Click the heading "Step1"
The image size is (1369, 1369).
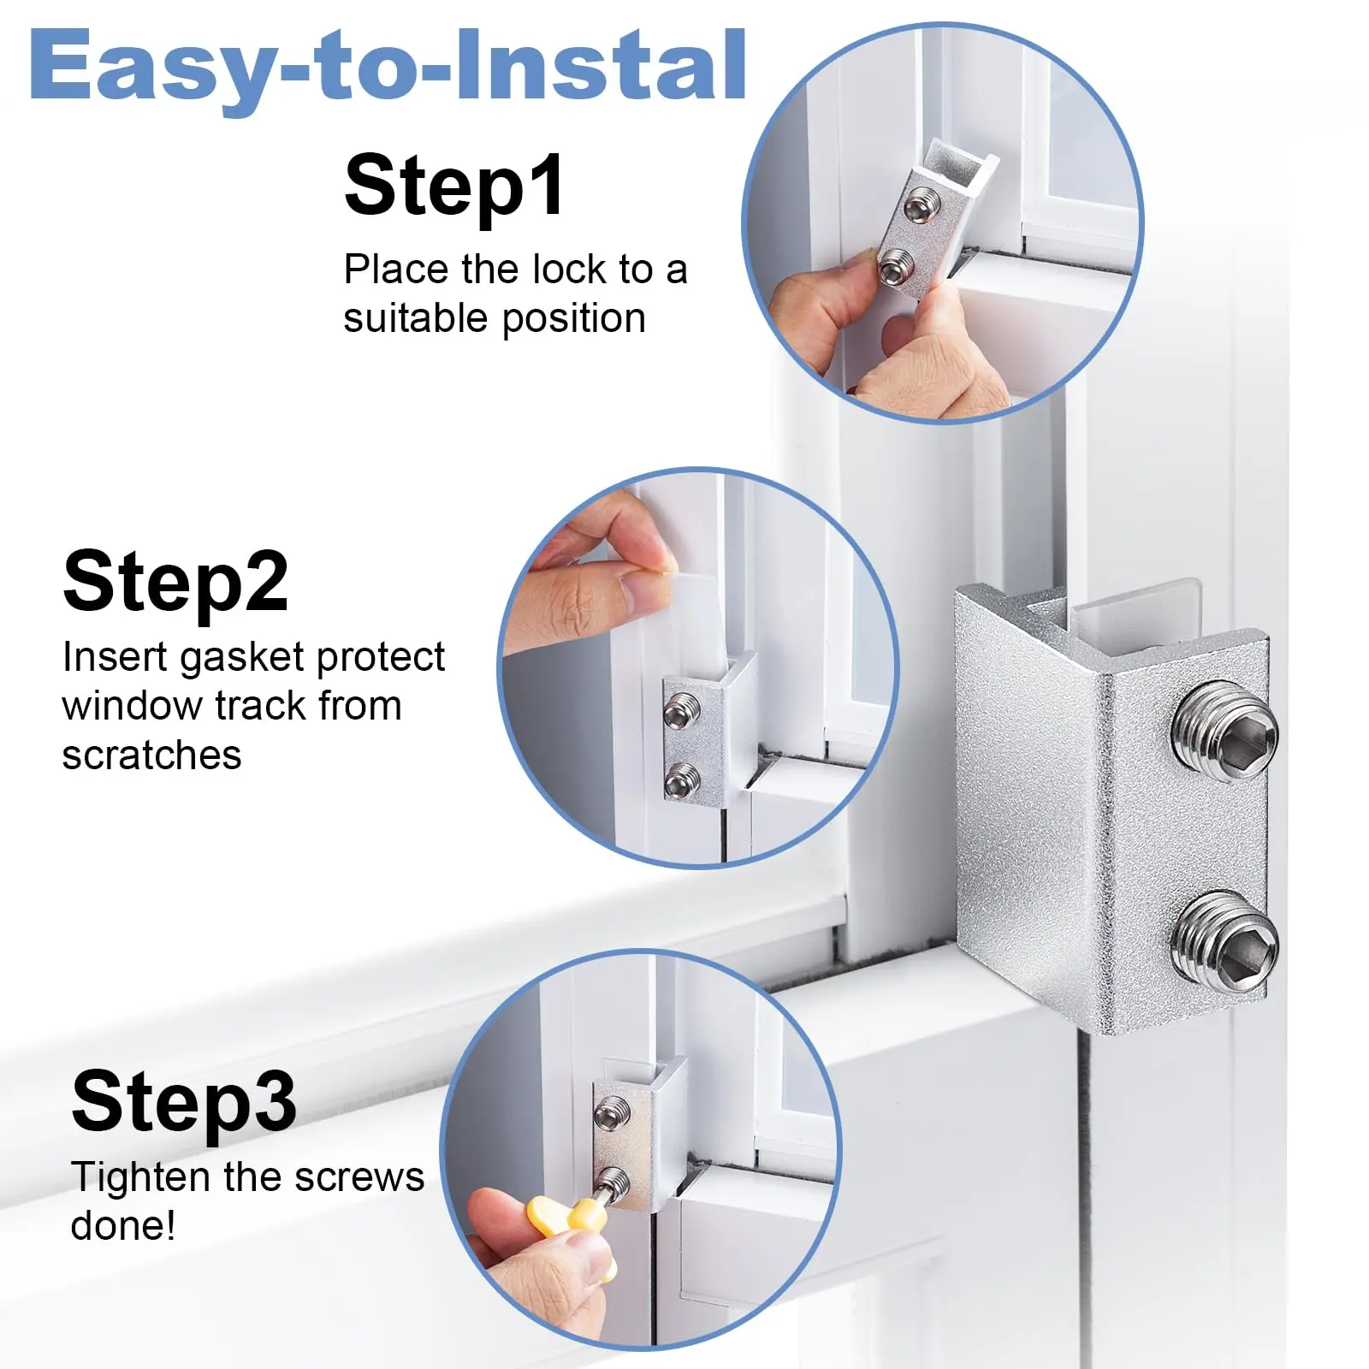(x=454, y=187)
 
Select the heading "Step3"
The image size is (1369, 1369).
(x=184, y=1102)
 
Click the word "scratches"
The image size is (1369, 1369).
(x=151, y=756)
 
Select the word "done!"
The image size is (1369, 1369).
(x=123, y=1226)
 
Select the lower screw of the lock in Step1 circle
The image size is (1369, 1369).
(x=894, y=268)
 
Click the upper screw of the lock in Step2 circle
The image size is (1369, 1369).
(x=682, y=711)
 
